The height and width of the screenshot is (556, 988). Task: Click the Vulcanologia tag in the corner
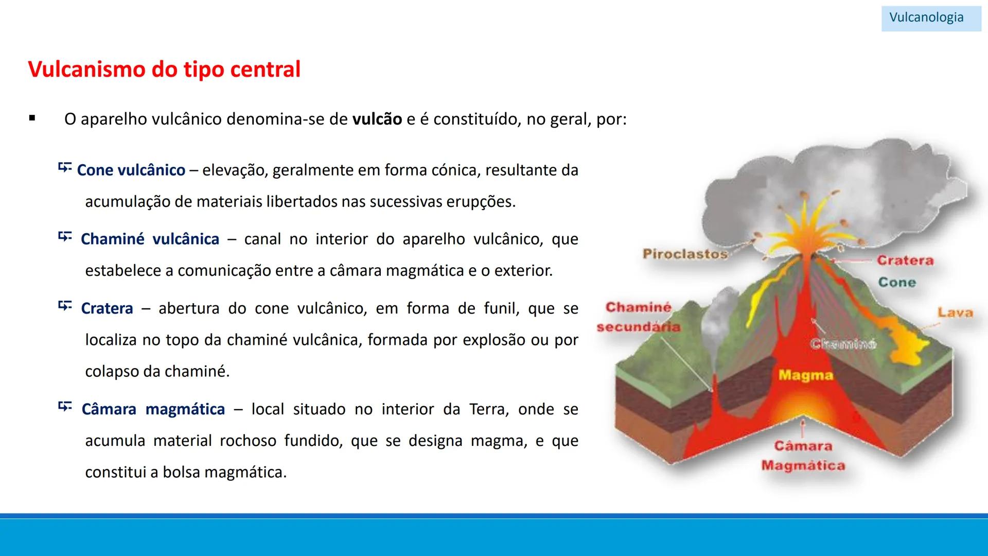point(926,18)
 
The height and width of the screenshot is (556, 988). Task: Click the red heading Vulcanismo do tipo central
point(164,69)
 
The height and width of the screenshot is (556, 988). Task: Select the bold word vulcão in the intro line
point(377,119)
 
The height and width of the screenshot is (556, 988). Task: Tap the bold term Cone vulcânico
point(131,170)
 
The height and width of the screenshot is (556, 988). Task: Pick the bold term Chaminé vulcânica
point(150,239)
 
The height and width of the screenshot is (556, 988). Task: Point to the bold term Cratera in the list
point(107,308)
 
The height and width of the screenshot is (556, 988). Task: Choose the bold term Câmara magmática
point(153,409)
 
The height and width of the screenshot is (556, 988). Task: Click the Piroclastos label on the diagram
point(685,254)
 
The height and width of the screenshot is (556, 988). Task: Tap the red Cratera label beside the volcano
point(905,260)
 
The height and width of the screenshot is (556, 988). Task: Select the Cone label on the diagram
point(897,282)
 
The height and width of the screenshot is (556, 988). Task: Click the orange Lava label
point(955,312)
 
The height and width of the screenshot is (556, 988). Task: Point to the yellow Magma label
point(805,375)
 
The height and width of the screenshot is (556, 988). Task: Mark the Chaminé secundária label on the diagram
point(639,317)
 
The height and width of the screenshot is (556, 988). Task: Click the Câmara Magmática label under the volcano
point(803,456)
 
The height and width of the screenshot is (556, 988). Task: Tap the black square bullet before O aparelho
point(32,118)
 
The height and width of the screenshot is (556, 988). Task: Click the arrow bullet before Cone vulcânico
point(64,167)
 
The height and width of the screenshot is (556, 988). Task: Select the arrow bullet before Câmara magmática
point(65,407)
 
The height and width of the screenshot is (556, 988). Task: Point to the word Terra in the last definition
point(489,409)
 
